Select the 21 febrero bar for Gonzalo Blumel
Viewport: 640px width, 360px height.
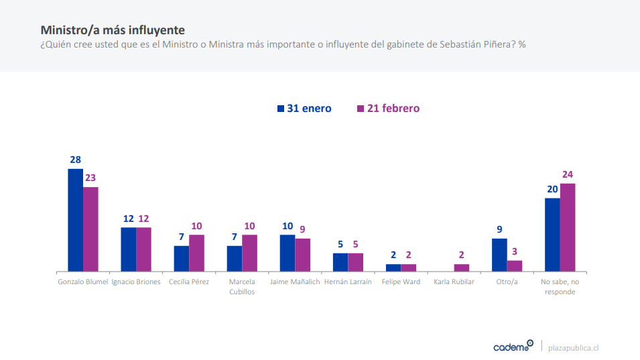click(90, 229)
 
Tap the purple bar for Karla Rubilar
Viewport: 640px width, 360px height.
click(462, 267)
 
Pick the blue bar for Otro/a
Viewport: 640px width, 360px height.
click(499, 255)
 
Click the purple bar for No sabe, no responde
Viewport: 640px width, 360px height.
click(568, 227)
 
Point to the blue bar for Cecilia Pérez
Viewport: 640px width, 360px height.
click(182, 258)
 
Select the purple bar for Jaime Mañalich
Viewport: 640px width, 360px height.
click(303, 255)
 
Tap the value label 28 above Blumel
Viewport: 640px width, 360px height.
click(75, 160)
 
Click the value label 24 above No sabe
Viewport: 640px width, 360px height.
click(568, 175)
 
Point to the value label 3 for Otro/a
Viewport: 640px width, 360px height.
click(515, 252)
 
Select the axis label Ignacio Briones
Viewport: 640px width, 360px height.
click(136, 282)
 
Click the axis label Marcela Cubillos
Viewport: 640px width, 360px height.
click(242, 287)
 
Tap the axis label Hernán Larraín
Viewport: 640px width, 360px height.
click(348, 282)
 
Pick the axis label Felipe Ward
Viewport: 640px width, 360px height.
click(401, 282)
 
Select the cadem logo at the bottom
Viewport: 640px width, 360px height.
click(513, 347)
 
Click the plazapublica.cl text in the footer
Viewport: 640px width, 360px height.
click(573, 348)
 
